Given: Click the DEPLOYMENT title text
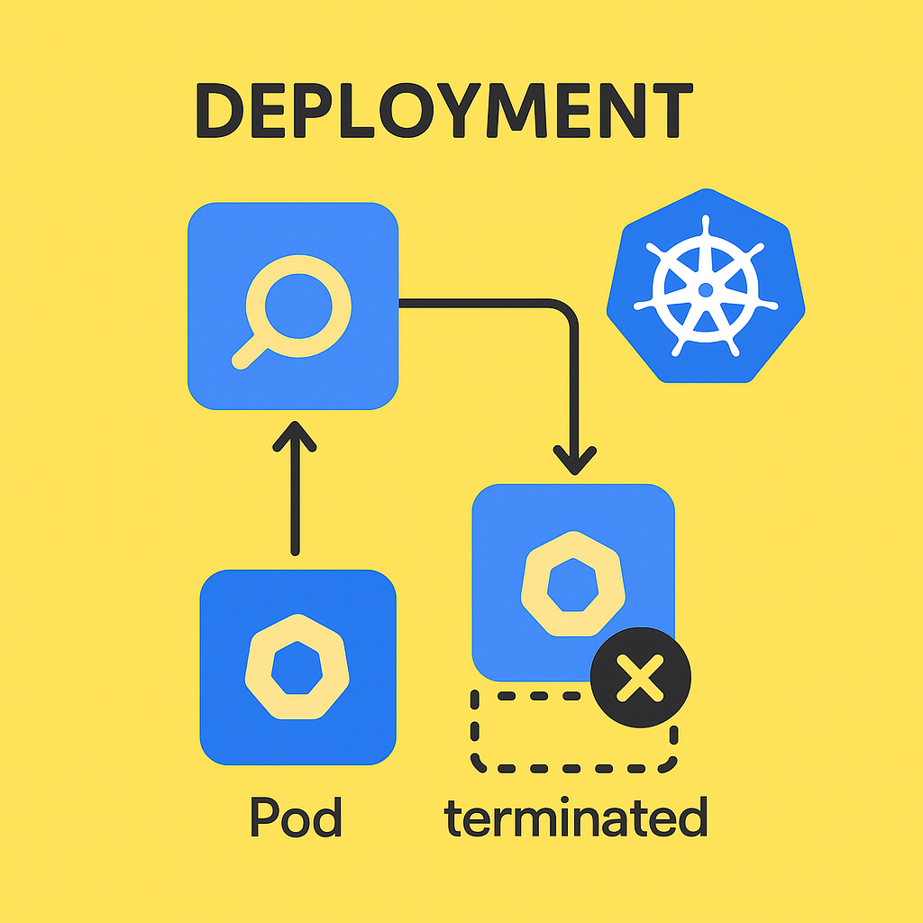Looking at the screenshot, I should [443, 112].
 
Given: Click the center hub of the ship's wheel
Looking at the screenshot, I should [705, 289].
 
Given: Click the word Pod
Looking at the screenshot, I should [296, 818].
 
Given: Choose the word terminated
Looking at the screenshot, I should [575, 818].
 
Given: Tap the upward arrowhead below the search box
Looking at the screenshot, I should [294, 436].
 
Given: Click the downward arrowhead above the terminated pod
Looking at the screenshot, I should [574, 459].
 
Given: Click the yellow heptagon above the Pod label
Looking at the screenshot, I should [297, 667].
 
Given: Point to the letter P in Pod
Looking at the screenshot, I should [264, 818].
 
